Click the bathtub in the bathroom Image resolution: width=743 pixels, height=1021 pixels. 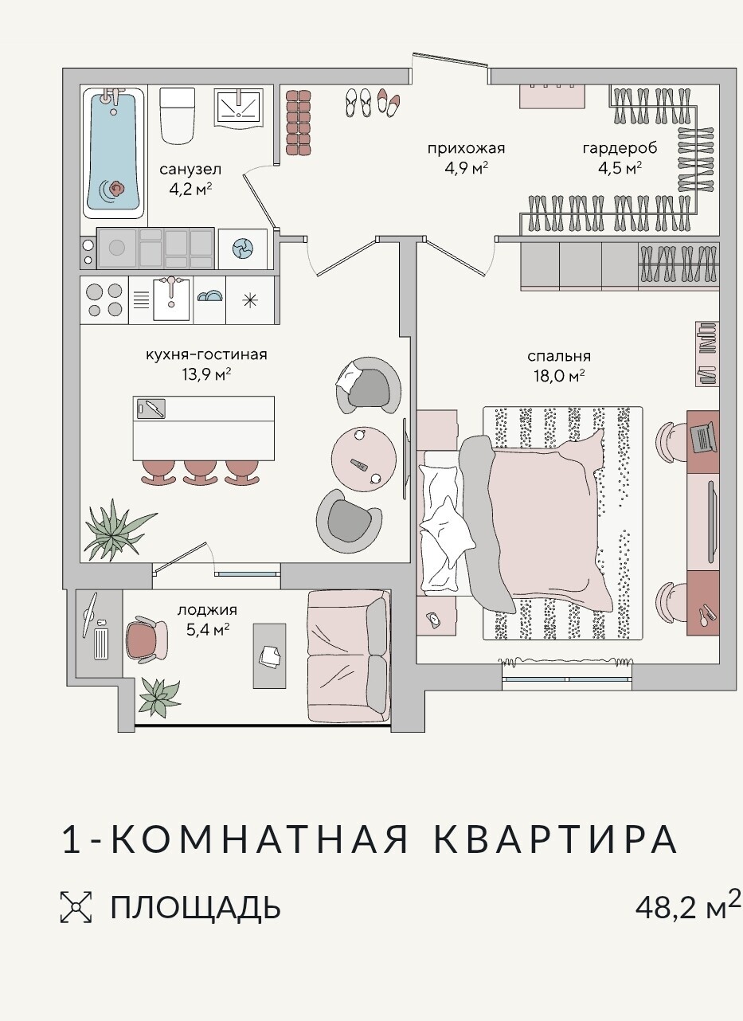tap(114, 154)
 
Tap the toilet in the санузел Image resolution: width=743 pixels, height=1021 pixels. tap(178, 115)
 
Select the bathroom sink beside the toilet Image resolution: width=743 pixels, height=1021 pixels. tap(239, 108)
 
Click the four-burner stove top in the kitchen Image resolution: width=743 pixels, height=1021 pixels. tap(104, 300)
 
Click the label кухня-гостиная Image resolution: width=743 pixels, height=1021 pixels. tap(206, 354)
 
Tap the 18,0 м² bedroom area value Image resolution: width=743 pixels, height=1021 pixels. tap(559, 376)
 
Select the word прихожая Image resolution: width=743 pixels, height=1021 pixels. tap(467, 148)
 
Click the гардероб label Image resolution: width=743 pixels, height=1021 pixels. tap(620, 148)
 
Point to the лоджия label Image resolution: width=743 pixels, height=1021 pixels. tap(207, 609)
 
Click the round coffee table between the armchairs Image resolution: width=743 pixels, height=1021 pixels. tap(364, 459)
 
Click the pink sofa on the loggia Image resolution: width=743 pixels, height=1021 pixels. tap(349, 656)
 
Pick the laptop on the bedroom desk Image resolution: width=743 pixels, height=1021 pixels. tap(704, 436)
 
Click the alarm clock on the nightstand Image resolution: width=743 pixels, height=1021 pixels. tap(433, 620)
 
